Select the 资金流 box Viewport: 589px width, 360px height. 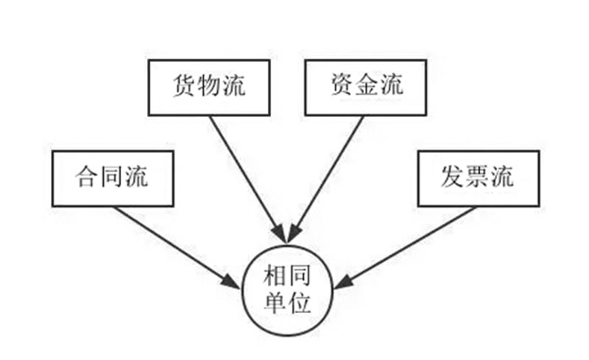tap(366, 86)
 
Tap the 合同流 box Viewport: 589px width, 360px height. tap(113, 178)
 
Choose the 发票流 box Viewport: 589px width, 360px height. tap(477, 178)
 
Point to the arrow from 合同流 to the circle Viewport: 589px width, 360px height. tap(173, 244)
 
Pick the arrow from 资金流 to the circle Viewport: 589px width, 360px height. tap(327, 177)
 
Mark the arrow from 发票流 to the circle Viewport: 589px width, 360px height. tap(409, 244)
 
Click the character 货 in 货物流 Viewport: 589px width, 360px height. tap(184, 86)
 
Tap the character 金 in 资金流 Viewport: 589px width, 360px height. tap(367, 86)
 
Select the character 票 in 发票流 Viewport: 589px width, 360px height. tap(477, 178)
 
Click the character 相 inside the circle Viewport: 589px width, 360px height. tap(274, 277)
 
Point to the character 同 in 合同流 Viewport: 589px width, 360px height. tap(113, 178)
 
